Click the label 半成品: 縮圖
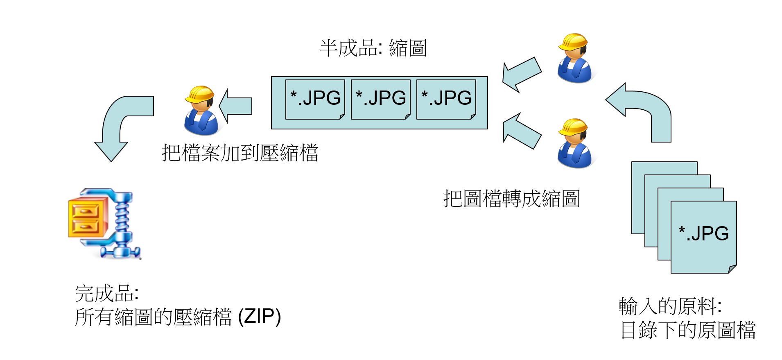pyautogui.click(x=373, y=48)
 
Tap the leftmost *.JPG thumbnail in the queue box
pyautogui.click(x=315, y=99)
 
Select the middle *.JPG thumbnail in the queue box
pyautogui.click(x=380, y=99)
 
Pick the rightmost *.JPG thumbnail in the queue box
pyautogui.click(x=446, y=99)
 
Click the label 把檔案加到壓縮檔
pyautogui.click(x=240, y=153)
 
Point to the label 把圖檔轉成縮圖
pyautogui.click(x=511, y=199)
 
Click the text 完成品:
pyautogui.click(x=107, y=294)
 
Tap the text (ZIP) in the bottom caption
pyautogui.click(x=260, y=317)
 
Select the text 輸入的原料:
pyautogui.click(x=670, y=306)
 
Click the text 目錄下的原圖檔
pyautogui.click(x=688, y=330)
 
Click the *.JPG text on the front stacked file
pyautogui.click(x=703, y=233)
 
